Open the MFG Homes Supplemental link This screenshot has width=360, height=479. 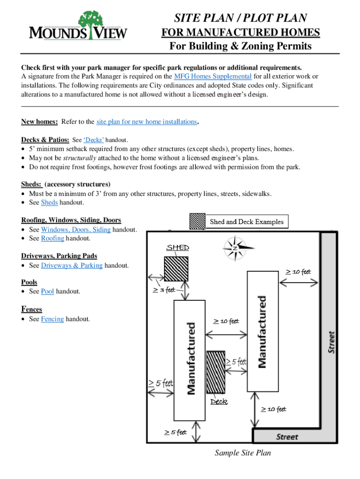point(213,77)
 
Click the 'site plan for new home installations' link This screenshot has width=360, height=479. point(146,122)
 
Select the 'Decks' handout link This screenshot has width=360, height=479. point(94,140)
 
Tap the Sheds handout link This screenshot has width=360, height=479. point(50,203)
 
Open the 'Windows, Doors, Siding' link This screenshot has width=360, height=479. point(76,230)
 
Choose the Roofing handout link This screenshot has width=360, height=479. point(52,238)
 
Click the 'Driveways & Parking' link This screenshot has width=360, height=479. point(72,265)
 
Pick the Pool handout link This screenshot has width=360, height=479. point(47,291)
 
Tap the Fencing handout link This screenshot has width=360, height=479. point(52,319)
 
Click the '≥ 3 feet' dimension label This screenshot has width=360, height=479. point(164,290)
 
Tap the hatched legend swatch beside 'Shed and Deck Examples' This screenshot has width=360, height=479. point(197,221)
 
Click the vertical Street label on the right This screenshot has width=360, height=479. point(331,342)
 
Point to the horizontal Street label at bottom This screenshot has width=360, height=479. point(287,437)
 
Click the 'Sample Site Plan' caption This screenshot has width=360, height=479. point(243,453)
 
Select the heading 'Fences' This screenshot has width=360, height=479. point(31,309)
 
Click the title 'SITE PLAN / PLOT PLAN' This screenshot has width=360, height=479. point(240,18)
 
